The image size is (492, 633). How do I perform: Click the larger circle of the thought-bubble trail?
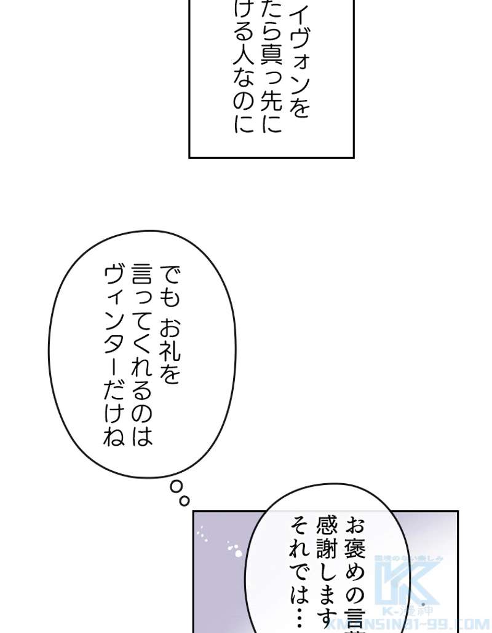point(177,487)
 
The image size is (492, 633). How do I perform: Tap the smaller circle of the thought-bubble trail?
point(184,501)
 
